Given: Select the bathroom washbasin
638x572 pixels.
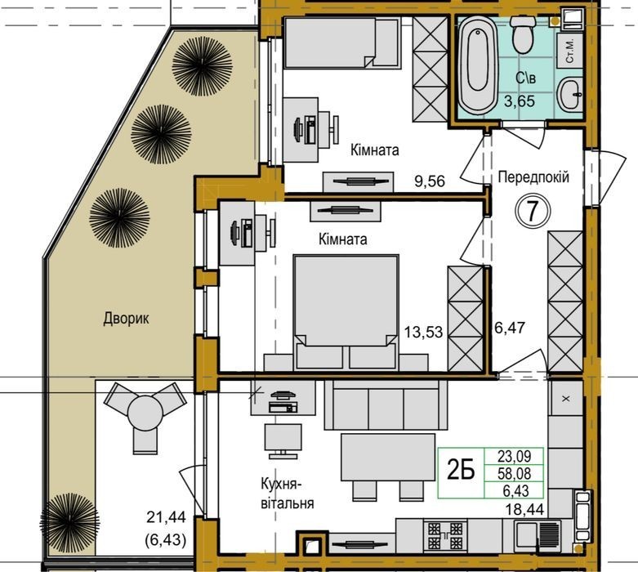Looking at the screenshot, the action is tap(569, 94).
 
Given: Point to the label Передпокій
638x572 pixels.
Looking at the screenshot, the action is tap(533, 177).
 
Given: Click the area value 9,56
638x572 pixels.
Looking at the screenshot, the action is tap(430, 181).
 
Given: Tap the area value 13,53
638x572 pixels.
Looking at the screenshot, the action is tap(423, 332).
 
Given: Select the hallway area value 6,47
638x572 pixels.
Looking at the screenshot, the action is tap(510, 328).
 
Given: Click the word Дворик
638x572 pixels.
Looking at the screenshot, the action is tap(126, 319).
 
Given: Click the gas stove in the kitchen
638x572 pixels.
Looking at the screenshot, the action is tap(445, 535).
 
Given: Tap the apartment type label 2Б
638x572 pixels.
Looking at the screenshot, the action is tap(461, 472).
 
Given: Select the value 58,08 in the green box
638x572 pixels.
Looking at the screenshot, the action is tap(515, 473).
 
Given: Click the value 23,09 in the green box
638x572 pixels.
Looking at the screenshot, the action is tap(515, 456).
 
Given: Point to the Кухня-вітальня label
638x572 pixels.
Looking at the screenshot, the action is tap(288, 494).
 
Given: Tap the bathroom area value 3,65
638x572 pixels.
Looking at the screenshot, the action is tap(520, 101).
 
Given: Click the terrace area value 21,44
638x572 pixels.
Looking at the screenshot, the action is tap(166, 517).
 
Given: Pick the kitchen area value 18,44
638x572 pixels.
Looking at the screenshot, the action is tap(525, 509).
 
